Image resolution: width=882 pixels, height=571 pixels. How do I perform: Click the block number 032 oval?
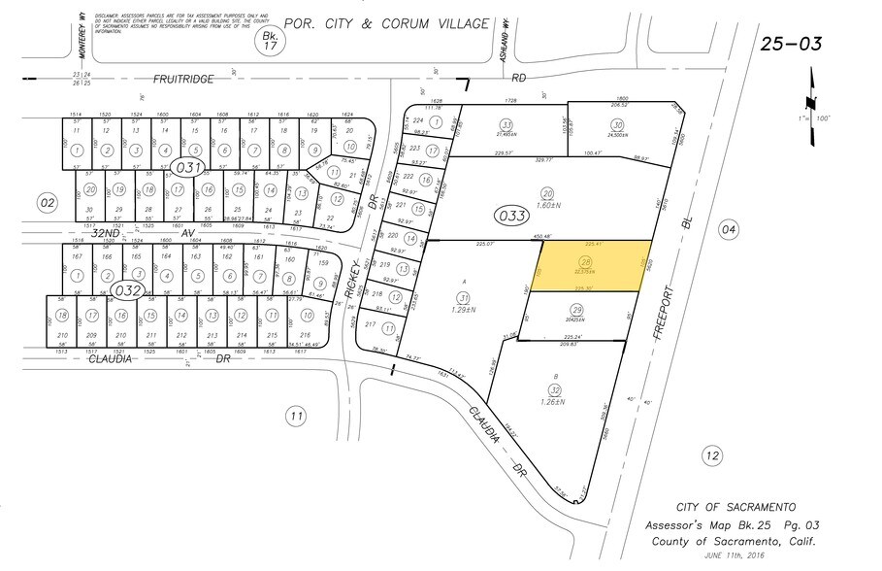pyautogui.click(x=125, y=289)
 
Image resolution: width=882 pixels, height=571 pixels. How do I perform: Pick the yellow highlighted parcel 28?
pyautogui.click(x=592, y=265)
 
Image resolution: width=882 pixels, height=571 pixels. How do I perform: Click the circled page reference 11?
pyautogui.click(x=294, y=416)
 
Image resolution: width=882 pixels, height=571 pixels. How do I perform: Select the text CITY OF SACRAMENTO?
pyautogui.click(x=736, y=507)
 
